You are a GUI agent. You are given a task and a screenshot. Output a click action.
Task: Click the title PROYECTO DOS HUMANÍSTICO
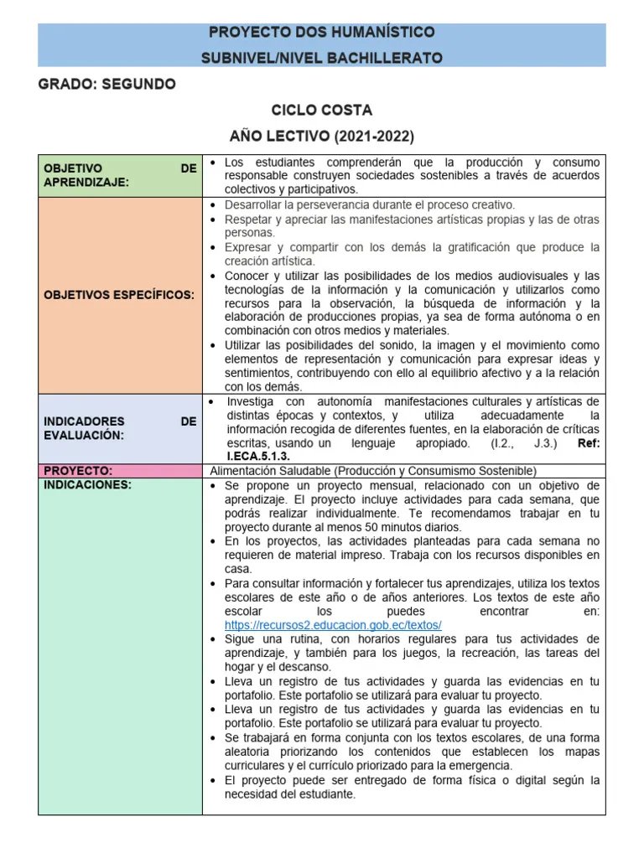321,33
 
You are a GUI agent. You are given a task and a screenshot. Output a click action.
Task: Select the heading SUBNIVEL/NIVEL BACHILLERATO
321,59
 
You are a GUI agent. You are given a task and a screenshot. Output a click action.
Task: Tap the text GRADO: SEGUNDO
107,85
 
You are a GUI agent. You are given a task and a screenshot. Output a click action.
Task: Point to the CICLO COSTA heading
321,111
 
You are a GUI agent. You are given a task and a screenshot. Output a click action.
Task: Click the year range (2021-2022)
374,136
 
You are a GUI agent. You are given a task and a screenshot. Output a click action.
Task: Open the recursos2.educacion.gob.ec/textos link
333,626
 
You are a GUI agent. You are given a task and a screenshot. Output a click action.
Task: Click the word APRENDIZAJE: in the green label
86,182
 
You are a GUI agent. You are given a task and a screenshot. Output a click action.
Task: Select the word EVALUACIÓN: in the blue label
84,435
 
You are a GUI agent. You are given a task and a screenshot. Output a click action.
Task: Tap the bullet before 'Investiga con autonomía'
214,401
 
